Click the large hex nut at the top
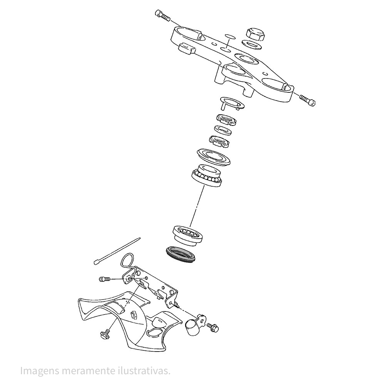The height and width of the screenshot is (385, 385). (256, 34)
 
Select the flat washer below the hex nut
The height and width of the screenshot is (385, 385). (252, 45)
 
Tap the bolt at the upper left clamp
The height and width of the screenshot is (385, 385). (163, 15)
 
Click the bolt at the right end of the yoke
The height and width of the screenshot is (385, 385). (307, 100)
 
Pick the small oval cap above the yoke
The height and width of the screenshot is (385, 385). (230, 36)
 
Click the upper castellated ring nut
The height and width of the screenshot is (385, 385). (226, 120)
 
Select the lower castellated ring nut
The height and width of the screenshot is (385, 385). (219, 141)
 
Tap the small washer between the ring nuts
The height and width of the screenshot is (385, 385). (223, 130)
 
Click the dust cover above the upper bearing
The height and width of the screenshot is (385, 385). (214, 156)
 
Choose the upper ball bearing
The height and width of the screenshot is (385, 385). (207, 175)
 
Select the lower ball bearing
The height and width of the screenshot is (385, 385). (188, 235)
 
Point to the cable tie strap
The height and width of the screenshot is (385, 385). (117, 251)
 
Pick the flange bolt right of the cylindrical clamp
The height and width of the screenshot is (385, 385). (213, 328)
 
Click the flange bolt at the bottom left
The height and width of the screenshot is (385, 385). (105, 335)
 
